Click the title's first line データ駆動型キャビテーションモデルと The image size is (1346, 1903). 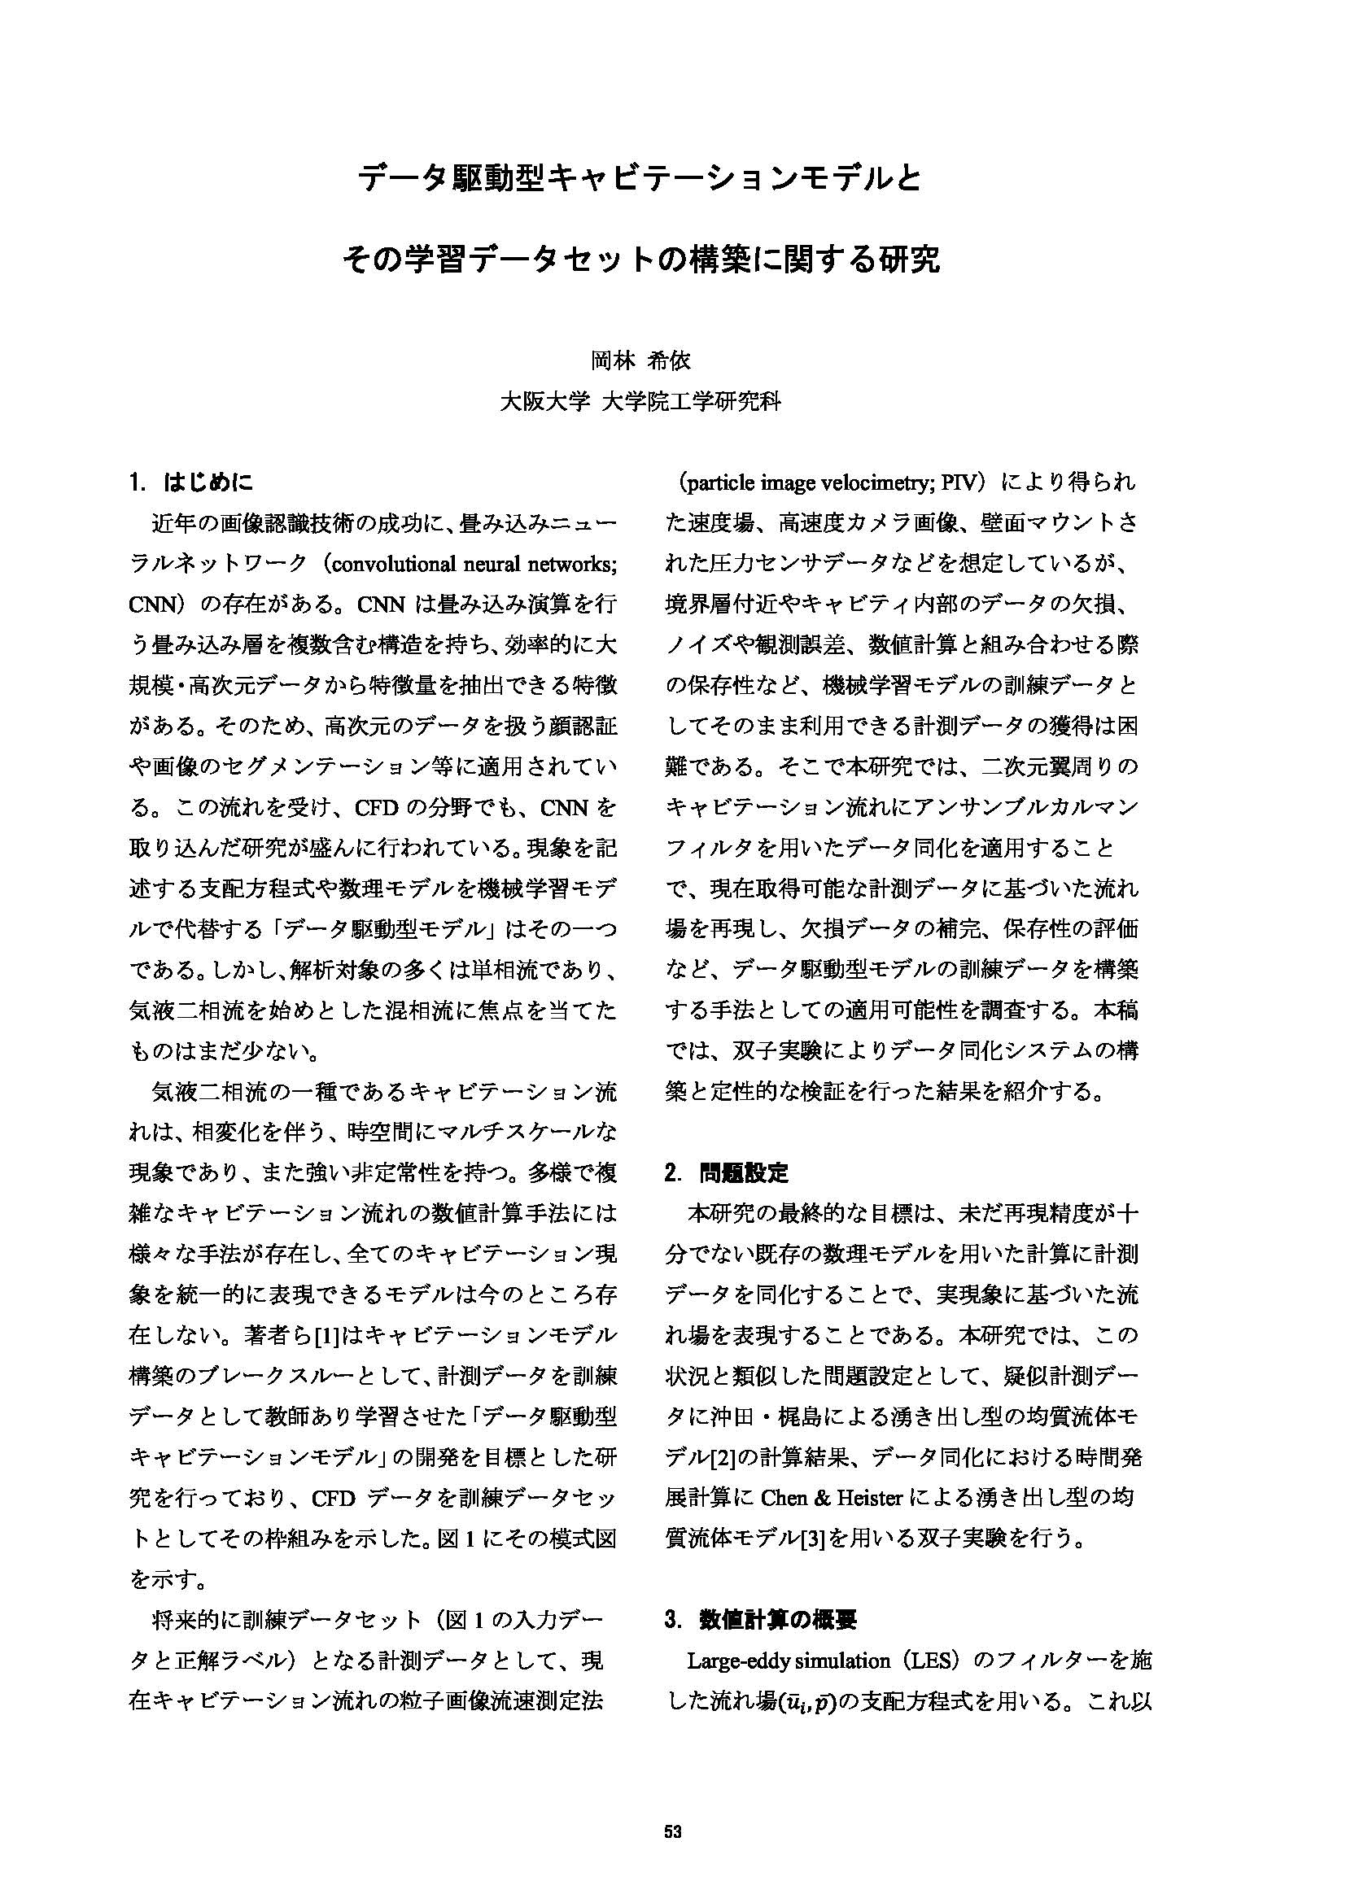(639, 178)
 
